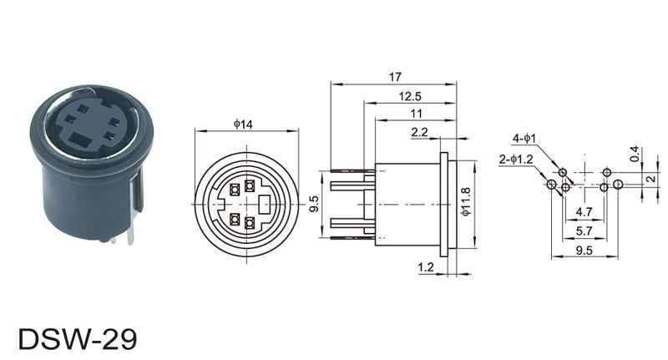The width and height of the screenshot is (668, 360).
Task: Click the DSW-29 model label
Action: (x=78, y=338)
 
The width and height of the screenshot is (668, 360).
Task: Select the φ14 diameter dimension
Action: (x=243, y=124)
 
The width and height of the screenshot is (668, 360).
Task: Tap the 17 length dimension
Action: (x=395, y=77)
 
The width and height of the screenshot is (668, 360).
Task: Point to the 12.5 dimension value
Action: (x=410, y=96)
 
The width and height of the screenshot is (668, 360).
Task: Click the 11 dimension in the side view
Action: (x=416, y=114)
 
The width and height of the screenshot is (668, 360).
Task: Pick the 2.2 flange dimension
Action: (x=419, y=132)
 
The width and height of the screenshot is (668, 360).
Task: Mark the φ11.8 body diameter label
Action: (x=466, y=201)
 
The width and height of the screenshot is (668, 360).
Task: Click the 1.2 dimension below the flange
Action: (x=426, y=267)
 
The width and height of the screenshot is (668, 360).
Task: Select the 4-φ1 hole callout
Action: (x=524, y=139)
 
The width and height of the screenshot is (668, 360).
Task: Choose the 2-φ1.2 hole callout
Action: (x=516, y=160)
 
